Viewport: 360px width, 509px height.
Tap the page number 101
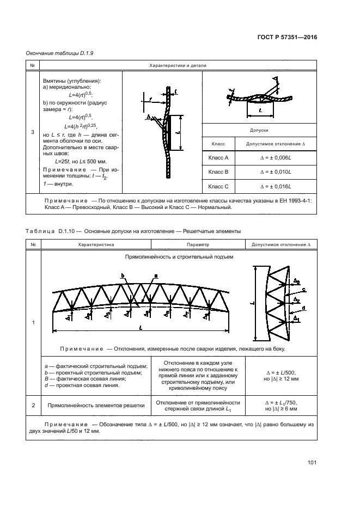click(x=312, y=463)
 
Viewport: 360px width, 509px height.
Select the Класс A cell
click(x=218, y=157)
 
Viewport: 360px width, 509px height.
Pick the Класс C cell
click(x=218, y=187)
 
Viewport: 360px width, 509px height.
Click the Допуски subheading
click(x=259, y=131)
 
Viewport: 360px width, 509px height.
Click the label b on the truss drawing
click(x=124, y=276)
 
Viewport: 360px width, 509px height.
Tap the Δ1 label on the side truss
click(x=296, y=317)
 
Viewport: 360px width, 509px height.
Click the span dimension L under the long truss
click(x=141, y=328)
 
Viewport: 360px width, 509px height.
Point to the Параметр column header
click(x=197, y=246)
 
